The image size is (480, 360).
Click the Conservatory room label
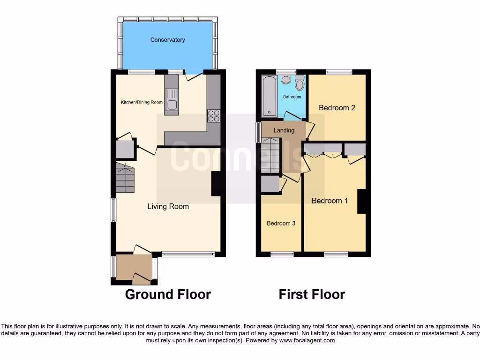click(x=167, y=40)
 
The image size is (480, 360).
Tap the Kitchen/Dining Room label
click(x=142, y=102)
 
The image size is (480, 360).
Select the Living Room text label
click(x=168, y=206)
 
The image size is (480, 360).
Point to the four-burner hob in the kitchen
click(x=214, y=115)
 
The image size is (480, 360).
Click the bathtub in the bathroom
click(x=269, y=96)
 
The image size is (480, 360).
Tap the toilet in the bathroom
click(x=300, y=83)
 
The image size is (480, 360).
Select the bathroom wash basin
click(x=285, y=79)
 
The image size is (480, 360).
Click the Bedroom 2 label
click(x=337, y=108)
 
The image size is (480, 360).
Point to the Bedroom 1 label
click(x=330, y=201)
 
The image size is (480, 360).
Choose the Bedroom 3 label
click(x=281, y=224)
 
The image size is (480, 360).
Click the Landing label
click(x=284, y=130)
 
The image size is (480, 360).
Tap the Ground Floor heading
click(x=168, y=294)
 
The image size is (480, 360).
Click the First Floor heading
click(x=312, y=294)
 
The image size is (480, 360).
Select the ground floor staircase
click(x=125, y=178)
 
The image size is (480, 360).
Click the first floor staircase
click(x=270, y=156)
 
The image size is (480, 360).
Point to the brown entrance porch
click(x=134, y=268)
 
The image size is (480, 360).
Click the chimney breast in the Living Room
click(x=217, y=184)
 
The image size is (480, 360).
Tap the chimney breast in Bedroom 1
click(x=361, y=201)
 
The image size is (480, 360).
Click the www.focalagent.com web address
click(x=307, y=340)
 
